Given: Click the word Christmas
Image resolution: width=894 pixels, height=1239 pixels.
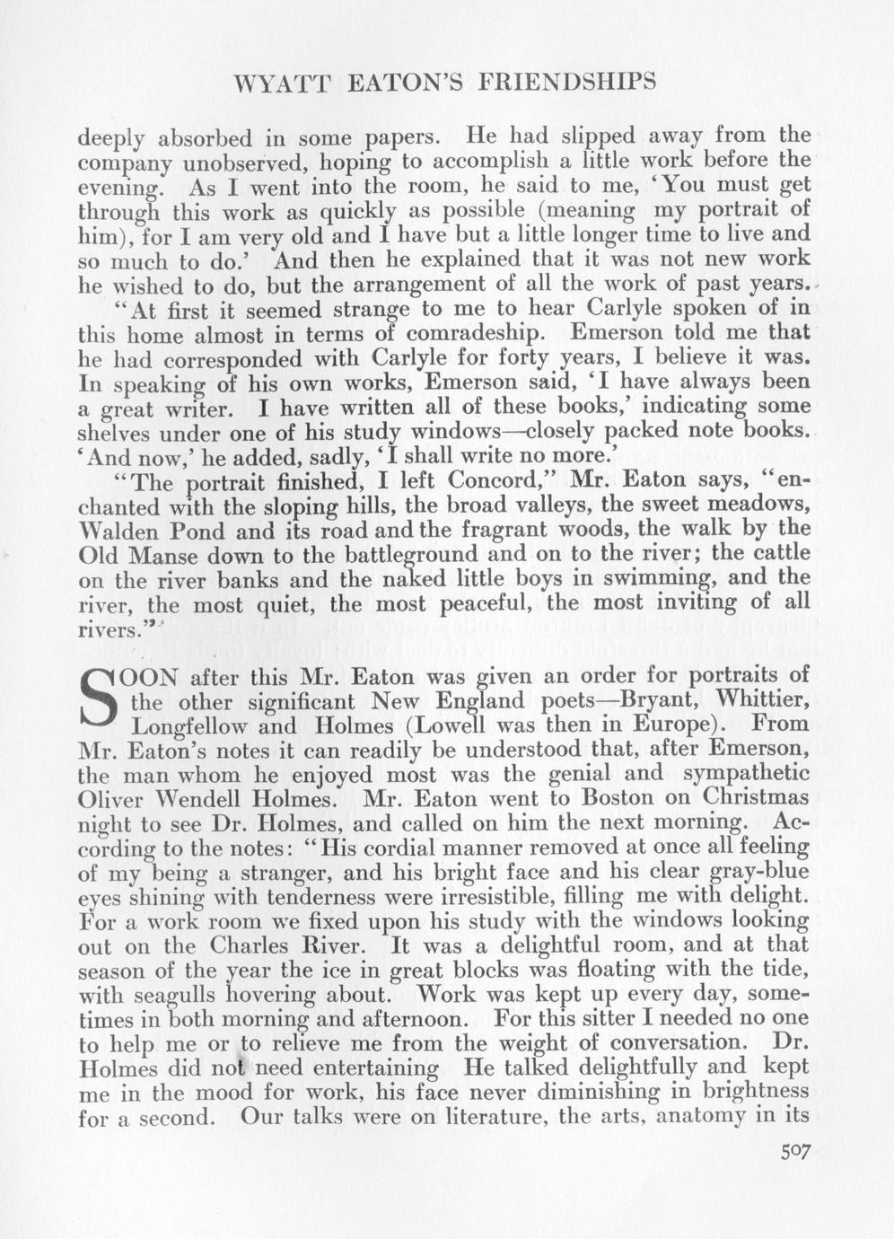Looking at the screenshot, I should (x=756, y=798).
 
